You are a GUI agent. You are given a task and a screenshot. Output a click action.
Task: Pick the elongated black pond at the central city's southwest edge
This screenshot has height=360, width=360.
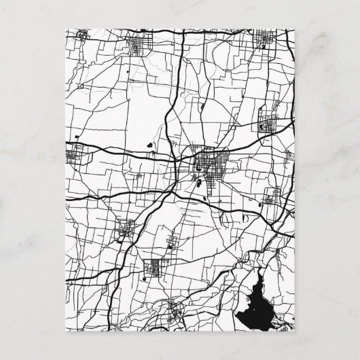[x=198, y=183]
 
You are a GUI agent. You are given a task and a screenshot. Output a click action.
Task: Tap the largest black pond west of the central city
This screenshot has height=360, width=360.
[x=148, y=144]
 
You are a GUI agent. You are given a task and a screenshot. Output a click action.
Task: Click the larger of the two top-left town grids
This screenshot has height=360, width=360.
[x=141, y=46]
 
